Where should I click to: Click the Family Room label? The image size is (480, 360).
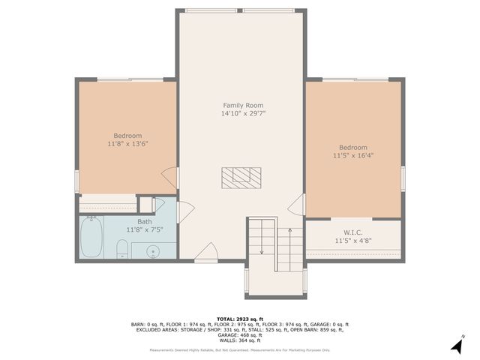(x=243, y=105)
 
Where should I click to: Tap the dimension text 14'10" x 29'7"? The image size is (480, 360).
(x=243, y=114)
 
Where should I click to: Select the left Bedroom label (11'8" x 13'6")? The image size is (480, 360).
(x=127, y=136)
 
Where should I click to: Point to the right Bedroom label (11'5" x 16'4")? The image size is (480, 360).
(x=352, y=148)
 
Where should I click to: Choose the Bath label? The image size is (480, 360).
(x=145, y=221)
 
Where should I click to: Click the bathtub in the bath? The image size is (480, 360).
(x=91, y=236)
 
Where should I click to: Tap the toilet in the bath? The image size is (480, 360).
(x=123, y=248)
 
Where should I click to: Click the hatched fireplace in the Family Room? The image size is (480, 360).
(x=241, y=177)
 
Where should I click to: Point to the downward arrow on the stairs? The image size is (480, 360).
(x=260, y=240)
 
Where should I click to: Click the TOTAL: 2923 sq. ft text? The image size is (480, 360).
(x=239, y=319)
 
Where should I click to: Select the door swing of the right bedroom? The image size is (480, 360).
(x=298, y=203)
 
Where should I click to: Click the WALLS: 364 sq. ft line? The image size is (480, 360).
(x=239, y=340)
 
